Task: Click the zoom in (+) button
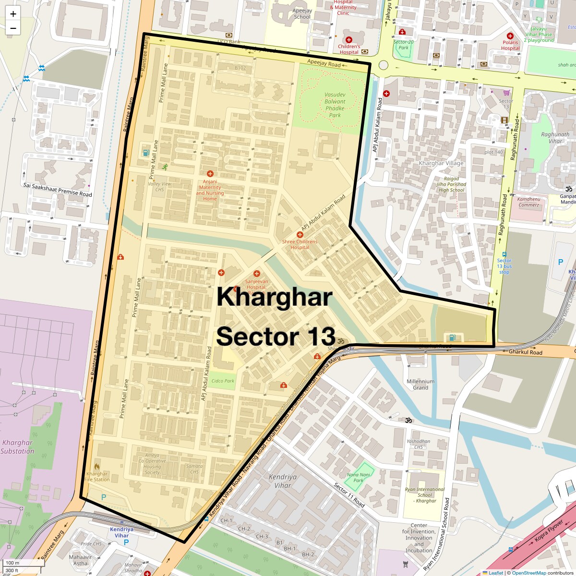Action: tap(13, 14)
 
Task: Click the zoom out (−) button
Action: tap(13, 28)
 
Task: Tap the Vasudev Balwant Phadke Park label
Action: tap(335, 105)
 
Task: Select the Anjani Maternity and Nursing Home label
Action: tap(210, 190)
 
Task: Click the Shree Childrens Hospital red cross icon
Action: tap(300, 235)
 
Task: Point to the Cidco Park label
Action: tap(223, 381)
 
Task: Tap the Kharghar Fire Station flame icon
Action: tap(97, 466)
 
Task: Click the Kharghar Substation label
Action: tap(17, 447)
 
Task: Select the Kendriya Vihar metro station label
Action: tap(121, 532)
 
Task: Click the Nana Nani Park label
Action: tap(359, 477)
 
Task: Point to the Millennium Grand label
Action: tap(420, 384)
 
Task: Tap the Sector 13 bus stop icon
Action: tap(504, 254)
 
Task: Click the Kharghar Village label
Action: tap(441, 163)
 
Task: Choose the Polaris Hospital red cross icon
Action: tap(510, 36)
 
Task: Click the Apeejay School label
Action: tap(302, 13)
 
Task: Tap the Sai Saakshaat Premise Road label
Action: tap(58, 190)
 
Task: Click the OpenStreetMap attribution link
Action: tap(528, 573)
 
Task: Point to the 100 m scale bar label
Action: tap(12, 563)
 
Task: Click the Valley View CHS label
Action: tap(159, 187)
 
